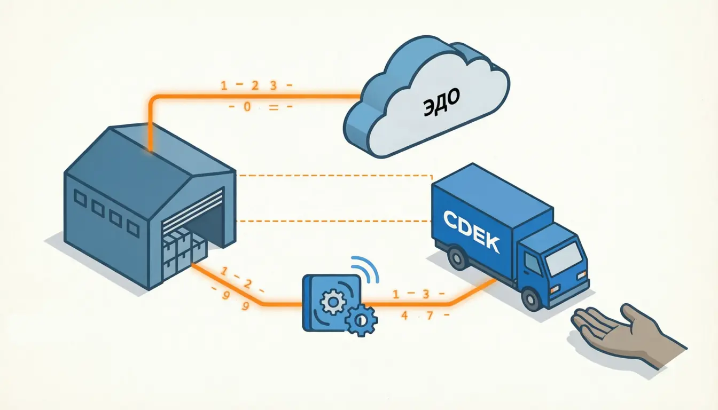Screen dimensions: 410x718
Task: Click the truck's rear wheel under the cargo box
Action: (457, 259)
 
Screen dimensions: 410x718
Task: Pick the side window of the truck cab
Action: (533, 263)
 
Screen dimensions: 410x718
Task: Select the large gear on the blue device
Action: (333, 303)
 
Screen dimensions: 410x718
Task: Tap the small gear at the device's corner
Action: (361, 320)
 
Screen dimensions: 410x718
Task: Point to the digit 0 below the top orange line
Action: (247, 107)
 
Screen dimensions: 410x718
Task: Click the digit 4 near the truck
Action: (404, 316)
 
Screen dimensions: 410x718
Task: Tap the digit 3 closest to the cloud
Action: (273, 85)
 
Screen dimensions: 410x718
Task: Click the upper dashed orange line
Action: (334, 175)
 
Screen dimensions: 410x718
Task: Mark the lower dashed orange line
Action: (334, 220)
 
